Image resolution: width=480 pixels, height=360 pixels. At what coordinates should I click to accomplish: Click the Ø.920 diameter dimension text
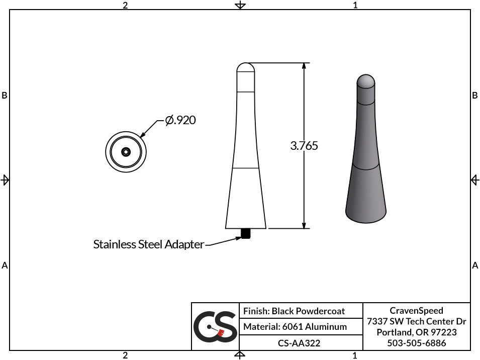[180, 120]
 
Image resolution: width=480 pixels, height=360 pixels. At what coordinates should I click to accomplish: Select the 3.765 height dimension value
[304, 146]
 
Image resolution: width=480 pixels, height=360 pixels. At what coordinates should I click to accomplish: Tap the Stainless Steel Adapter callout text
[149, 244]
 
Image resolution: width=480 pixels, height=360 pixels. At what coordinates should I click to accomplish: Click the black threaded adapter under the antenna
[246, 234]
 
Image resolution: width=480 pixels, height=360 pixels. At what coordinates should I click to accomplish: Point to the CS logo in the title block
[215, 327]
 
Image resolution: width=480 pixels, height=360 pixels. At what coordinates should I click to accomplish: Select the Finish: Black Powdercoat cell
[294, 311]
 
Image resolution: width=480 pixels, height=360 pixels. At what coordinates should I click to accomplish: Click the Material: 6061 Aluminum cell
[295, 327]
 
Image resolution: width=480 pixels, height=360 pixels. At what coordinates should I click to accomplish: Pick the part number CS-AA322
[299, 343]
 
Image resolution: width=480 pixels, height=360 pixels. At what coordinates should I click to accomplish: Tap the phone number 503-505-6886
[417, 343]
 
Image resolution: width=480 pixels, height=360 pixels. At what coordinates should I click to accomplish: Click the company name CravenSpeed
[417, 310]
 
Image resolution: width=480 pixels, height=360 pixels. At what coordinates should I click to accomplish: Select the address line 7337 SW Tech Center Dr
[417, 321]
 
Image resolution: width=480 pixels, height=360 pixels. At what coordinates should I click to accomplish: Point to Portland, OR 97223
[417, 332]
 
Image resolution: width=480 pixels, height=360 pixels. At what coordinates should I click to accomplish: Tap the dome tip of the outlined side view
[246, 67]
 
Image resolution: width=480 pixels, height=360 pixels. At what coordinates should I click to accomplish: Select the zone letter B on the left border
[5, 96]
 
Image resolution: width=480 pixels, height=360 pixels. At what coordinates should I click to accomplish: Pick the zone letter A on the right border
[475, 265]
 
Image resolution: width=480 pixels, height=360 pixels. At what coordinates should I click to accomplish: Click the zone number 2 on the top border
[125, 5]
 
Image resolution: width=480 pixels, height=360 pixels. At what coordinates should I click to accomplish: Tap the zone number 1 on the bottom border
[355, 355]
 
